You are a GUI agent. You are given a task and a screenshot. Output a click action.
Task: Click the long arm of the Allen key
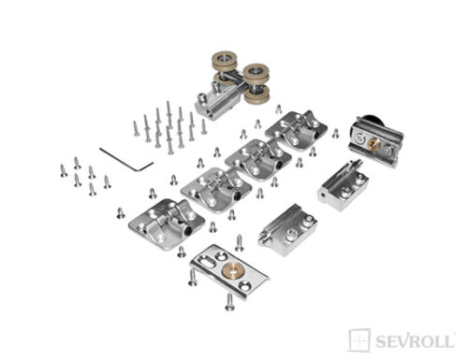coord(119,159)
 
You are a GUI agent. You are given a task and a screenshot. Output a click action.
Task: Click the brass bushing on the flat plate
coord(229,269)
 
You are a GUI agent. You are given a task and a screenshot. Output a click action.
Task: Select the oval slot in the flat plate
coord(205,261)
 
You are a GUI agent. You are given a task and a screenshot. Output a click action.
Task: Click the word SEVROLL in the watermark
coord(415,341)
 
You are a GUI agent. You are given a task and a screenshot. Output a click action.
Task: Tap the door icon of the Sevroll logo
coord(359,340)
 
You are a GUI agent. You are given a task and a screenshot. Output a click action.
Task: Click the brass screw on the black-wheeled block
coord(373,143)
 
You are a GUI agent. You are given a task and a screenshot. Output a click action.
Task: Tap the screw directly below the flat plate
coord(230,302)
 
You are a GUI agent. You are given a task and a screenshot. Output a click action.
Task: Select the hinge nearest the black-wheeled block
coord(296,130)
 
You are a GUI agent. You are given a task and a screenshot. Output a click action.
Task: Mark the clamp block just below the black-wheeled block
coord(344,185)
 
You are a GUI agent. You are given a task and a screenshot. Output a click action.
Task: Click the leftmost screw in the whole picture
coord(64,170)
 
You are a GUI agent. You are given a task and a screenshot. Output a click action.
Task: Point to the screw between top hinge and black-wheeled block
coord(335,133)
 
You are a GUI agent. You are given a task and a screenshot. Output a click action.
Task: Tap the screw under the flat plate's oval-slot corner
coord(193,278)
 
